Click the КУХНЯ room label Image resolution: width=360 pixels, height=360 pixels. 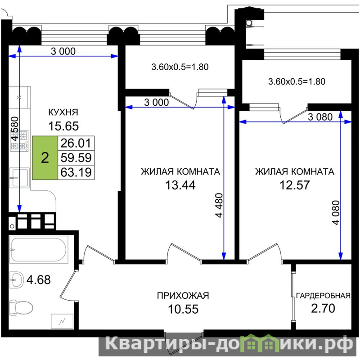[x=63, y=112]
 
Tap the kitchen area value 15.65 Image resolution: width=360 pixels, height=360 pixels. [x=63, y=126]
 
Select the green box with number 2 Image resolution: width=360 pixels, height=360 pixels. [x=45, y=158]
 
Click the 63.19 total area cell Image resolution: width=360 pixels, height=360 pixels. [x=76, y=172]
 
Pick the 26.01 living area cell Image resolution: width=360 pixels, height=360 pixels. [x=76, y=143]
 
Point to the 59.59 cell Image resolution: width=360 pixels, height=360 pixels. [x=76, y=158]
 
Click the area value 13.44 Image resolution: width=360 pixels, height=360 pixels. [x=180, y=185]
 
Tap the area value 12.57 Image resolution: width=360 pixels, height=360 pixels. [x=295, y=185]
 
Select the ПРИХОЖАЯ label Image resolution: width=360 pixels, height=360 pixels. [x=183, y=296]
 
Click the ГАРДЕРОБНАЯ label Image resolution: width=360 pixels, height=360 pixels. [x=323, y=296]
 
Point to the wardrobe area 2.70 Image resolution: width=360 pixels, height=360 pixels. [x=323, y=308]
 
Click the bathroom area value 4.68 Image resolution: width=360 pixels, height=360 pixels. [x=39, y=280]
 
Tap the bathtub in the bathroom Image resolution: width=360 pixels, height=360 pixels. [x=39, y=250]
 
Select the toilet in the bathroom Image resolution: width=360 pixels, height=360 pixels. [x=21, y=307]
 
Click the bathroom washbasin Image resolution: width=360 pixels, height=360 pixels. [x=17, y=280]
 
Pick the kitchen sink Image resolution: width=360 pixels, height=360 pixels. [x=19, y=178]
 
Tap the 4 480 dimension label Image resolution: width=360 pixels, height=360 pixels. [x=219, y=205]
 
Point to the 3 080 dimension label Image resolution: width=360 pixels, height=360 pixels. [x=320, y=117]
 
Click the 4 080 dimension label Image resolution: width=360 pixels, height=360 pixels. [x=335, y=212]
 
